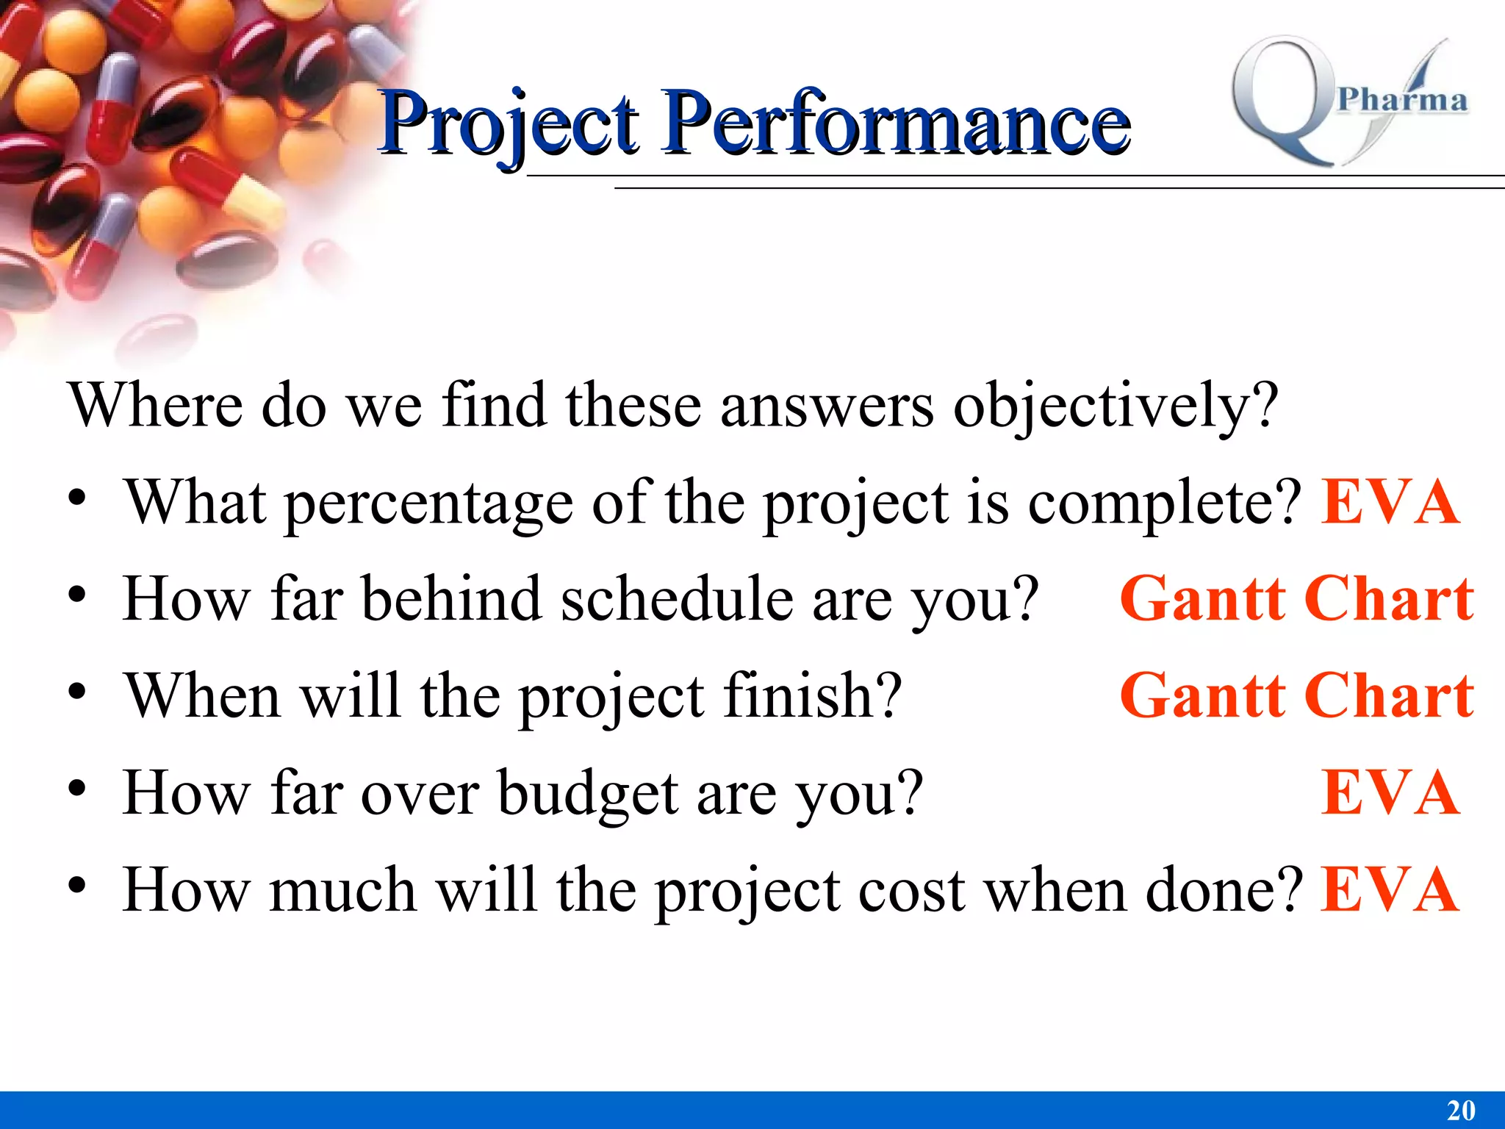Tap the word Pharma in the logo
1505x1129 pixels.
[x=1402, y=100]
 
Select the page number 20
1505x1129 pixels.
[x=1461, y=1110]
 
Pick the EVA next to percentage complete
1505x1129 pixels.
[x=1390, y=503]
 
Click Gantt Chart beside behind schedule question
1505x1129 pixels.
[x=1296, y=600]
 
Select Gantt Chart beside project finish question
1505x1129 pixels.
[x=1296, y=696]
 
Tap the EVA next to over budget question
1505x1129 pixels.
[x=1390, y=793]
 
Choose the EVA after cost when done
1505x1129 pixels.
[x=1390, y=890]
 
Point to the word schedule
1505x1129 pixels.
[x=677, y=600]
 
